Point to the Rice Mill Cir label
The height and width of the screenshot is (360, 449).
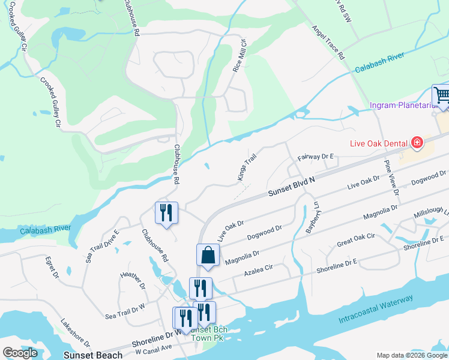(x=240, y=56)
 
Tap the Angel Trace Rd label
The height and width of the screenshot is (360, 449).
(x=328, y=42)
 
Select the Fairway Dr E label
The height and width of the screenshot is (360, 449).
(x=316, y=157)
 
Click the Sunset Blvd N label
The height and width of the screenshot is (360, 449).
(x=292, y=185)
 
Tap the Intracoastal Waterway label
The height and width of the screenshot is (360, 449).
(x=375, y=308)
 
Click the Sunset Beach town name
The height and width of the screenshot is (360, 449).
(x=94, y=355)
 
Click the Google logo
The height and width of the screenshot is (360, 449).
(x=20, y=353)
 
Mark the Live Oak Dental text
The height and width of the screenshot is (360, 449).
(x=379, y=143)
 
